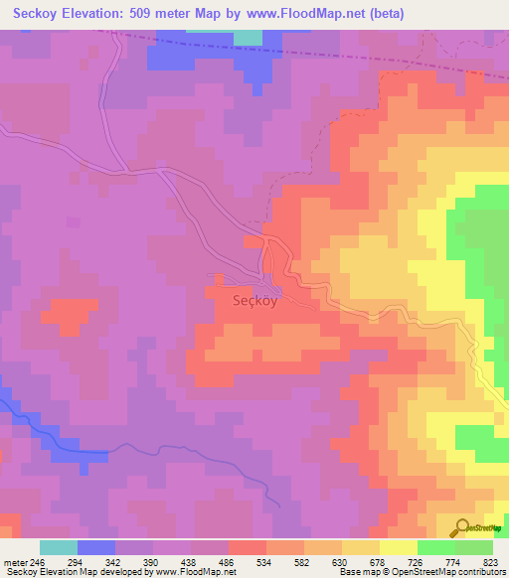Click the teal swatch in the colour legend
click(x=59, y=547)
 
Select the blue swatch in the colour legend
click(x=96, y=547)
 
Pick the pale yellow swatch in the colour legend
click(x=398, y=547)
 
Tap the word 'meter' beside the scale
click(x=15, y=562)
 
